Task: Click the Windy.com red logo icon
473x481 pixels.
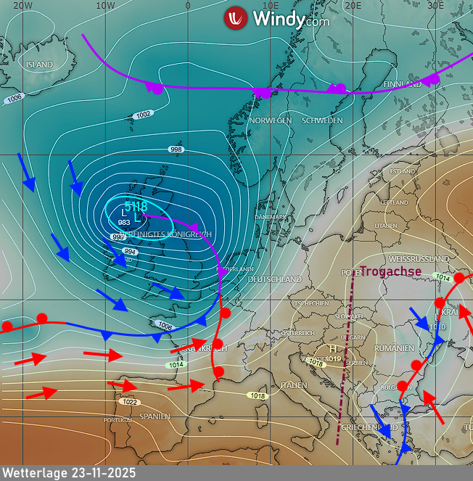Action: tap(236, 18)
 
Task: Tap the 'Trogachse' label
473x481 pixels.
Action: tap(390, 271)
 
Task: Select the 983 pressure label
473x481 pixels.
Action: tap(124, 222)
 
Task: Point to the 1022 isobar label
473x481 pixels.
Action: tap(130, 402)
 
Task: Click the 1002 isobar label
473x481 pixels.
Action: tap(144, 115)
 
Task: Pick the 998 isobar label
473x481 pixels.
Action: tap(176, 149)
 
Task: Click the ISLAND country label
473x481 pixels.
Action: tap(39, 65)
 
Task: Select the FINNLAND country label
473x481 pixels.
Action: tap(403, 84)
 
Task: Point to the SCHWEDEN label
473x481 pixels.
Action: tap(322, 120)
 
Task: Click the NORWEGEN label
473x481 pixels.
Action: tap(270, 120)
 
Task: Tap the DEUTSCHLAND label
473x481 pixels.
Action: tap(274, 279)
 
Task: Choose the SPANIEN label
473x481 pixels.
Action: tap(155, 416)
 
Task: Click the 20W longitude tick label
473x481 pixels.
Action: tap(22, 5)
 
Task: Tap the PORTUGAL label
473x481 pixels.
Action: tap(118, 420)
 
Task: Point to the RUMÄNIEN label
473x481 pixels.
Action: tap(394, 349)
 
